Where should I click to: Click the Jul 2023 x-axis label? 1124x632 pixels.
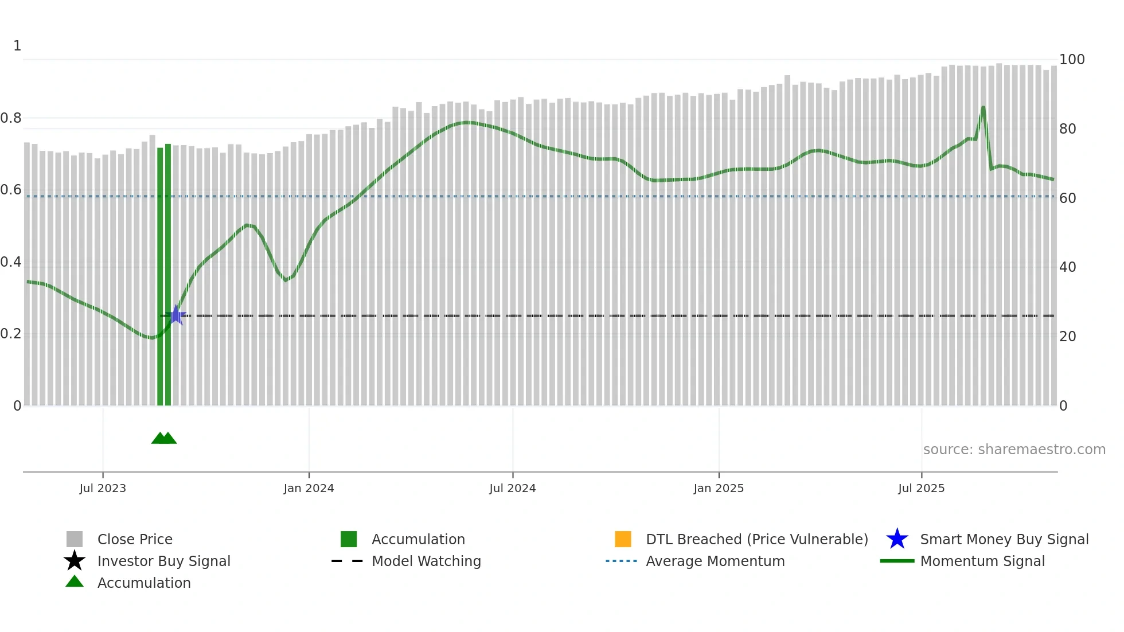point(103,488)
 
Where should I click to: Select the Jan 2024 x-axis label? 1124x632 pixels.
point(309,488)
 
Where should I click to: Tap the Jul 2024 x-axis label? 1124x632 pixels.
point(513,488)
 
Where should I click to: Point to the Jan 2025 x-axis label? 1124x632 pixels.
point(719,488)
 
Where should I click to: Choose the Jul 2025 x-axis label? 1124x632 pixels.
point(922,488)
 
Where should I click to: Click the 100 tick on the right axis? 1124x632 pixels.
point(1072,60)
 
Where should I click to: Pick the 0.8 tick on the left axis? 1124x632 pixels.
point(11,118)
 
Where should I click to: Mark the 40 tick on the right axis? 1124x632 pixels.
point(1068,267)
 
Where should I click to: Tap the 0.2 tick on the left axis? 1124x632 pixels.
point(11,334)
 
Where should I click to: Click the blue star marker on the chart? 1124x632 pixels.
point(176,315)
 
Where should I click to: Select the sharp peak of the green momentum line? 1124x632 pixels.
point(983,107)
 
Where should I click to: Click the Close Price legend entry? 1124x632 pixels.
point(135,539)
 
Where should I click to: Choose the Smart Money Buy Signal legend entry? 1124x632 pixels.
point(1004,539)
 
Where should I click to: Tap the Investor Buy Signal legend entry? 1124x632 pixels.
point(163,561)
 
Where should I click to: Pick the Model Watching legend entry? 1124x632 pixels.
point(426,561)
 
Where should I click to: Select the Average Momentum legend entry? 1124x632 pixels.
point(715,561)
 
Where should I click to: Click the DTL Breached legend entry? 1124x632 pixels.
point(757,539)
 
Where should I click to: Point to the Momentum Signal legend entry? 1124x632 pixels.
point(982,561)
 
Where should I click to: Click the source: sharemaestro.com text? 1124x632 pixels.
point(1014,450)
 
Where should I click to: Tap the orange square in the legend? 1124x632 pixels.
point(623,539)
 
